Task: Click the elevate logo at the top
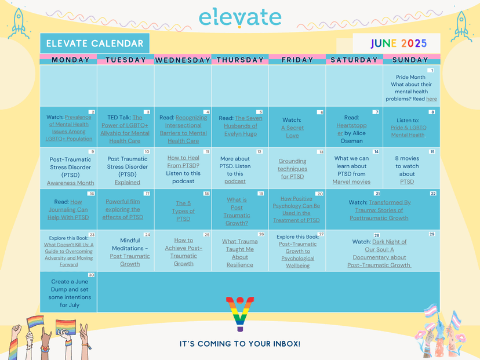240,18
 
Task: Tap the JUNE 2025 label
399,43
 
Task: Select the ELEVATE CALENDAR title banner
95,43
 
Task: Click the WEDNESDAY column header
183,60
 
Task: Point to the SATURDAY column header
354,60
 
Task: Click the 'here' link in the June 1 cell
431,99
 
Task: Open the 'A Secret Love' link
292,132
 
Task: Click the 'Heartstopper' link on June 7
351,129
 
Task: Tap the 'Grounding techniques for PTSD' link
292,169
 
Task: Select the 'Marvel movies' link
351,182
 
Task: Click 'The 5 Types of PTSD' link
183,211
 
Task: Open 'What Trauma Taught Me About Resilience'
239,253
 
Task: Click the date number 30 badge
91,275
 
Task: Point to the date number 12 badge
259,151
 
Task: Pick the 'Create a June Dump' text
70,285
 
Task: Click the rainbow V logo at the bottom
240,314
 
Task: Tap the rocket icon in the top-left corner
19,24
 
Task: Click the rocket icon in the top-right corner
461,27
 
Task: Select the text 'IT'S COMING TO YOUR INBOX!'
240,344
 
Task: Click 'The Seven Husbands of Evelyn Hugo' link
241,126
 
